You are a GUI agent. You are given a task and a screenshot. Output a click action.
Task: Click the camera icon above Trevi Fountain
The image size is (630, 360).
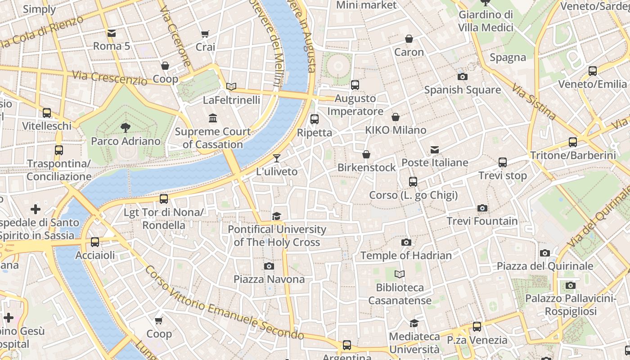(482, 208)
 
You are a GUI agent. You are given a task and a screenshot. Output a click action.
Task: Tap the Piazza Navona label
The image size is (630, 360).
(269, 279)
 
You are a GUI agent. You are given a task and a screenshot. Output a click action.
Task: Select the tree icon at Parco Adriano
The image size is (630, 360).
(126, 128)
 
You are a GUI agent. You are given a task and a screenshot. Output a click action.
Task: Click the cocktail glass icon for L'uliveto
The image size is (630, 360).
(277, 158)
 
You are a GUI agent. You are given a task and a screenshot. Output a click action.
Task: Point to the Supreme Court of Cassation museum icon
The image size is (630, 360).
(213, 118)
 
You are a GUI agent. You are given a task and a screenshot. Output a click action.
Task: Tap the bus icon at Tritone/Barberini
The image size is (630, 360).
(572, 142)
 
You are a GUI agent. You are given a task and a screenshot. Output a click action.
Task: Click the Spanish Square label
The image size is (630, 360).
(462, 90)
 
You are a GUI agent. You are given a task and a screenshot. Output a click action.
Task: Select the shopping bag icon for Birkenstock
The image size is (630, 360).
(366, 154)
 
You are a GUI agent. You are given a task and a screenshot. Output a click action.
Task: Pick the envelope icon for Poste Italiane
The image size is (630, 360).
(434, 149)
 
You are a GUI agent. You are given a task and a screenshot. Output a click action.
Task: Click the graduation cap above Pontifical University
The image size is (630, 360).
(276, 216)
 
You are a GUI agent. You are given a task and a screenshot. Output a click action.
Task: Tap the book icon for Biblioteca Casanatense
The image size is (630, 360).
(400, 274)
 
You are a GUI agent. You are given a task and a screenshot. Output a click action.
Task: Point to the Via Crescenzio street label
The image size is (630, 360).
(110, 78)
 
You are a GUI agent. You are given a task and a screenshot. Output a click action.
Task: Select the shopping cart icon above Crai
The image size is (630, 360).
(205, 34)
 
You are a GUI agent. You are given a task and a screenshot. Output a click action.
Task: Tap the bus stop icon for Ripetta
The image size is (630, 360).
(315, 119)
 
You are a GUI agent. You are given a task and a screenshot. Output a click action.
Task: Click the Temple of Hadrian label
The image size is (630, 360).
(406, 256)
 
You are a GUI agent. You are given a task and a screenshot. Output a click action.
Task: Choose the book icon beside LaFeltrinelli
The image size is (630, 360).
(231, 86)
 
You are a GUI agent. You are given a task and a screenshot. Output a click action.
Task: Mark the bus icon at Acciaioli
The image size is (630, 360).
(95, 242)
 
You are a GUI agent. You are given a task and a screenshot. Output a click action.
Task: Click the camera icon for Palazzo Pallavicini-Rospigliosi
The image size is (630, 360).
(570, 285)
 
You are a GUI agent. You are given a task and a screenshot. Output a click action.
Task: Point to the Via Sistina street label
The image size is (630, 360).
(534, 103)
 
